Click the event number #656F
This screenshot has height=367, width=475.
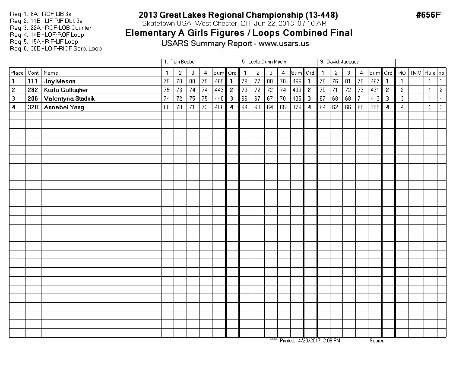[428, 15]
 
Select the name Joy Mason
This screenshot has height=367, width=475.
[60, 81]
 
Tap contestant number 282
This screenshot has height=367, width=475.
[33, 90]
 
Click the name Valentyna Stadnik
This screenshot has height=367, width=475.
[69, 98]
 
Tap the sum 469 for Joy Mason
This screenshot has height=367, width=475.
[219, 81]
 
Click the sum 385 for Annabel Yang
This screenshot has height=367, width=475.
[374, 107]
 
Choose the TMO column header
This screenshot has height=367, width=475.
[415, 73]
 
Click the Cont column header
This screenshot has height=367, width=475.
[33, 73]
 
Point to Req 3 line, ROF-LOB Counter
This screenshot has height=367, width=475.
[57, 28]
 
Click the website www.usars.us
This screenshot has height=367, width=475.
[284, 44]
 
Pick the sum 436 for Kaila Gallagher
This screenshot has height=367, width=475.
[296, 90]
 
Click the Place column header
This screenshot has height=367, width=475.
[17, 73]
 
